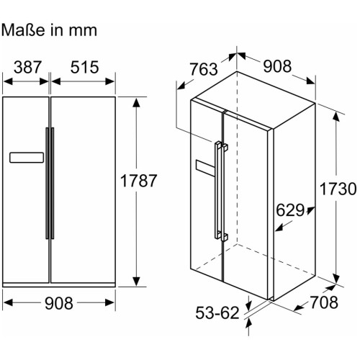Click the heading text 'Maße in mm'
click(x=49, y=30)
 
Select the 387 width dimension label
click(x=27, y=67)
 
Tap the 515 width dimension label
click(x=84, y=67)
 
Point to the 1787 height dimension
click(x=138, y=181)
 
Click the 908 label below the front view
click(x=59, y=303)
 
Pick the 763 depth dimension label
click(x=204, y=69)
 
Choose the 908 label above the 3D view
click(x=277, y=66)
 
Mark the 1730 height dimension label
click(x=338, y=189)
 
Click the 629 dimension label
click(x=290, y=210)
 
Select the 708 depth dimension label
click(x=324, y=302)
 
